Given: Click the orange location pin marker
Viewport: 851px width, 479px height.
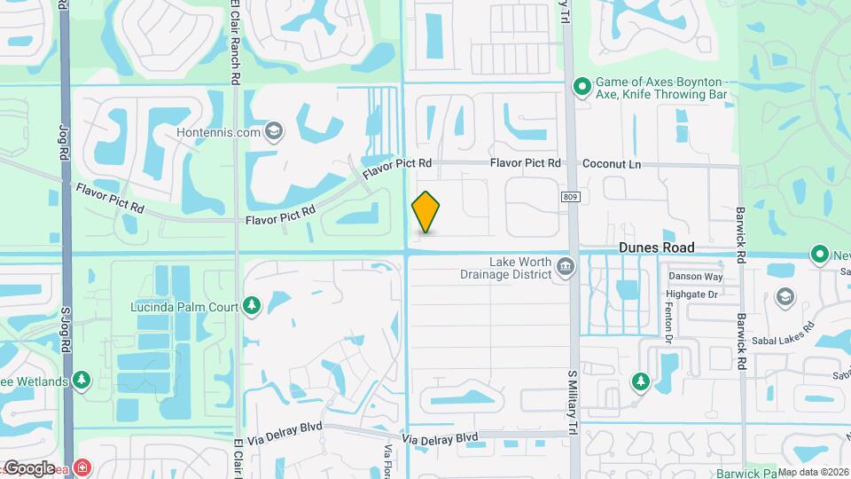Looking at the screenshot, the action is (x=426, y=212).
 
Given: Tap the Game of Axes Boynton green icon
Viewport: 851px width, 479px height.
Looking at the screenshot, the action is (x=582, y=86).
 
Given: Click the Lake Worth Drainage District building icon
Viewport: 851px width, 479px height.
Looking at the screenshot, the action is (x=565, y=267).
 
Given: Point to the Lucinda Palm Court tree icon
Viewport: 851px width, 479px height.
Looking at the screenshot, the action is (x=252, y=306).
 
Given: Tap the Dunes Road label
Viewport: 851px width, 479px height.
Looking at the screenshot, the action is (x=657, y=248).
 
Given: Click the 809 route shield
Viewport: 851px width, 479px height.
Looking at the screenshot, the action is (x=570, y=197).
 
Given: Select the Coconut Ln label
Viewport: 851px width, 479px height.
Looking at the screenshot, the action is (x=612, y=164).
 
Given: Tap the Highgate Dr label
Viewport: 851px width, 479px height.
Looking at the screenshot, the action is (x=694, y=294).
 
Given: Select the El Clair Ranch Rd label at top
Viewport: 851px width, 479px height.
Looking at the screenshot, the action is (x=236, y=43).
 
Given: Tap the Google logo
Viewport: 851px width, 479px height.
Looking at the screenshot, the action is (x=29, y=468).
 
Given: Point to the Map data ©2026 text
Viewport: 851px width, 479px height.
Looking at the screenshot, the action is (x=814, y=472).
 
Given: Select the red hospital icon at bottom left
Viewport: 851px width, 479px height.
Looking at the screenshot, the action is (x=82, y=467).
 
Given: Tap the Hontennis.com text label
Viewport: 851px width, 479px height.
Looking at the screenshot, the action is (x=218, y=133).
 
